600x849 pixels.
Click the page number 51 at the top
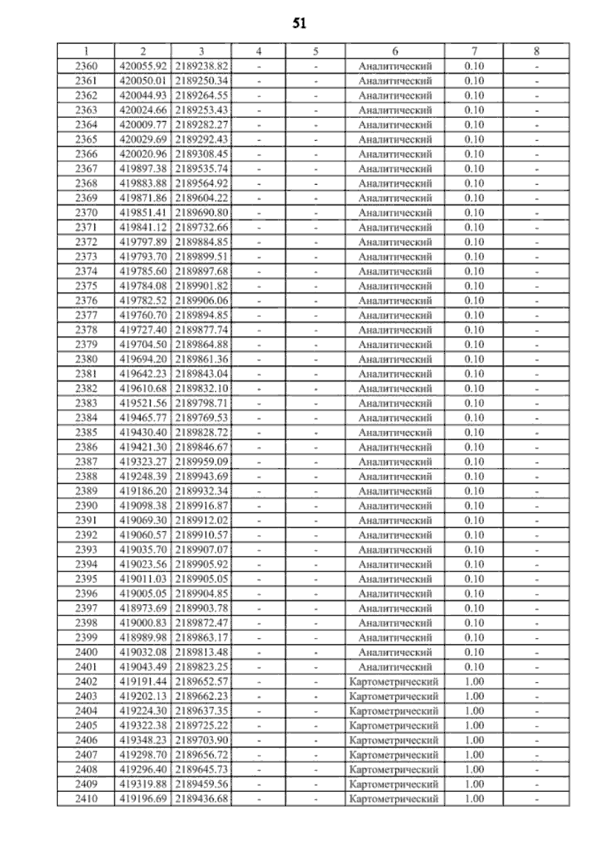(x=299, y=24)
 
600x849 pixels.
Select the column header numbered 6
(x=395, y=51)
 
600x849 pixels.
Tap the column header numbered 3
(x=201, y=51)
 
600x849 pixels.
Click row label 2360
(x=86, y=66)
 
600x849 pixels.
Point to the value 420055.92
(x=143, y=66)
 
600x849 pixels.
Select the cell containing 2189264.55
(x=201, y=96)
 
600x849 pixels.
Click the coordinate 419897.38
(x=143, y=169)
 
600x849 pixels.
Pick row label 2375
(x=86, y=286)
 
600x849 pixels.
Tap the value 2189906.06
(x=201, y=301)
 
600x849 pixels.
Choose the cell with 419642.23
(x=143, y=374)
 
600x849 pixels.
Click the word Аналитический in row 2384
(x=395, y=418)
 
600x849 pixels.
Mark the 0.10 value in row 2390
(x=474, y=506)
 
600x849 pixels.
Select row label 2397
(x=86, y=608)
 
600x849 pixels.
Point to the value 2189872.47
(x=201, y=623)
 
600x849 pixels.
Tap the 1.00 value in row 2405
(x=474, y=725)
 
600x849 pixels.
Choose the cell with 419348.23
(x=143, y=740)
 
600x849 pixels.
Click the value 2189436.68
(x=201, y=798)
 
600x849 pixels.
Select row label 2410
(x=86, y=798)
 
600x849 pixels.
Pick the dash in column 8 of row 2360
(x=536, y=66)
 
